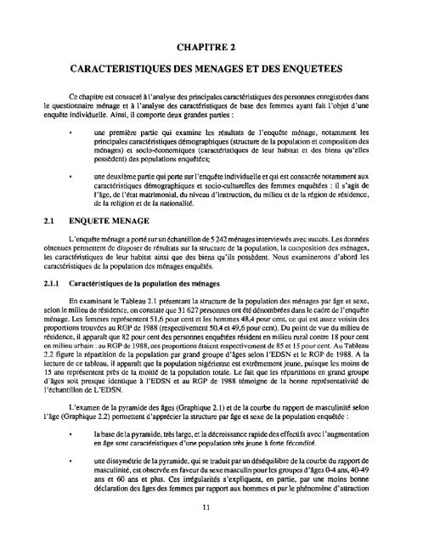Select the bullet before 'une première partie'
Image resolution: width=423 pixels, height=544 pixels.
coord(78,133)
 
